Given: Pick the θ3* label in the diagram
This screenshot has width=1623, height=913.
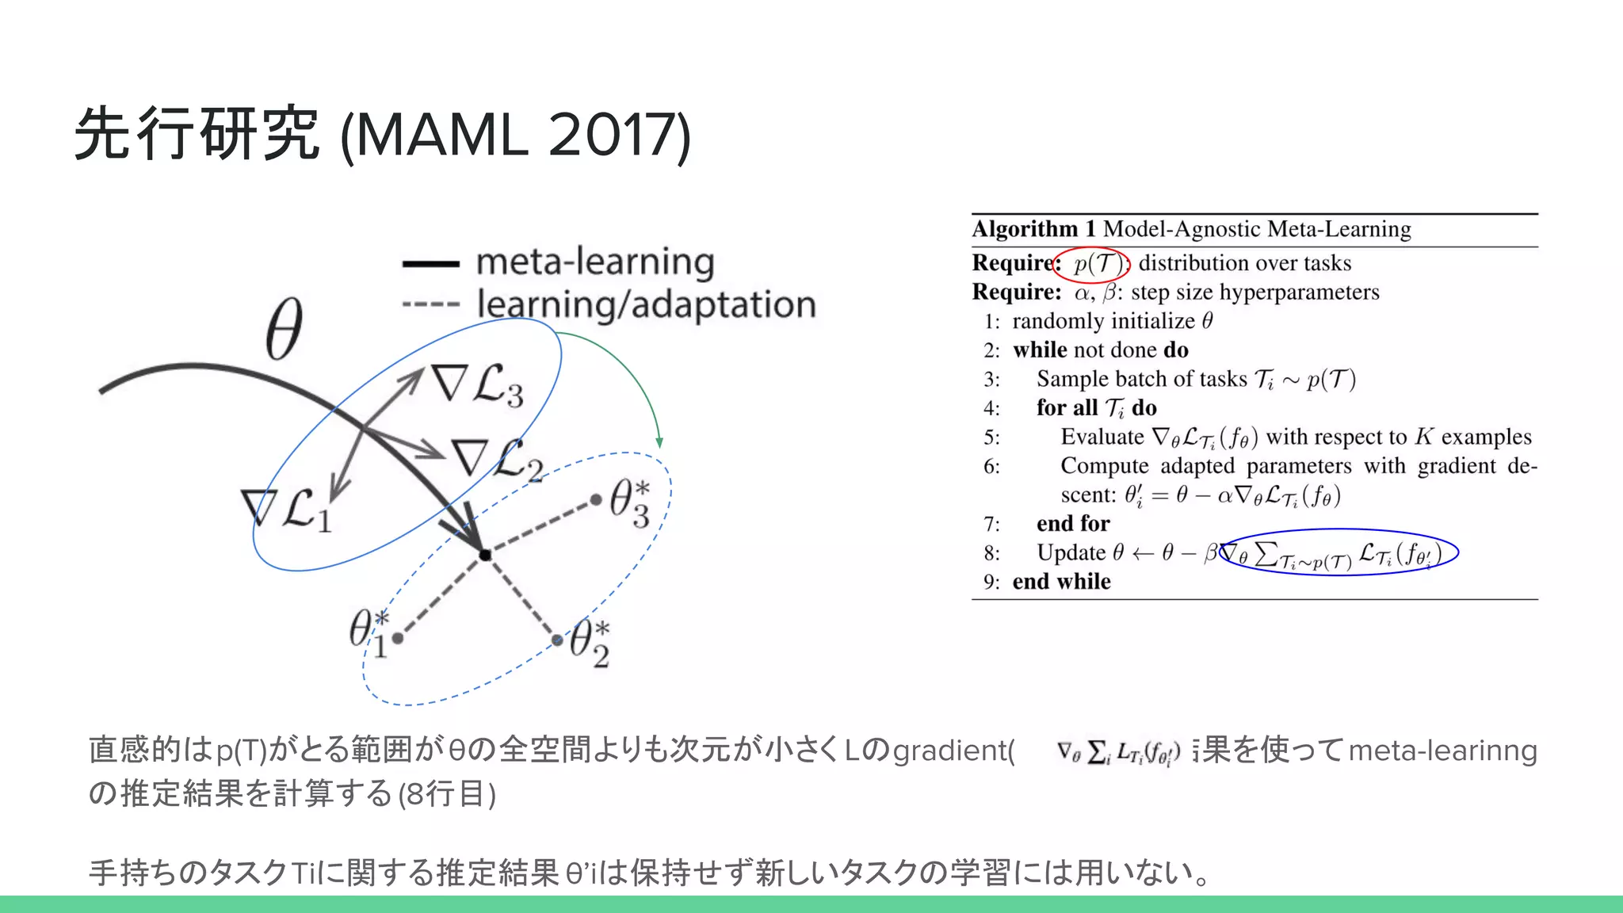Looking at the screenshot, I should [630, 502].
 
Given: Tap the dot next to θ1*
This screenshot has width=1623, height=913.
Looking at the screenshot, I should [398, 637].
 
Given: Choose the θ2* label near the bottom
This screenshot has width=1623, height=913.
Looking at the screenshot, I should [590, 643].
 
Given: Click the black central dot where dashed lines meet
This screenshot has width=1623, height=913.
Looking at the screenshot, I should [485, 555].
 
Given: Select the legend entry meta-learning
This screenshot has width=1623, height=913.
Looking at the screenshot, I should [594, 262].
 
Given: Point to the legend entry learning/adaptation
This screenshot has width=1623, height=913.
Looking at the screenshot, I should [646, 304].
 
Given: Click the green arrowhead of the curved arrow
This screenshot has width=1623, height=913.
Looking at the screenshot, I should [659, 442].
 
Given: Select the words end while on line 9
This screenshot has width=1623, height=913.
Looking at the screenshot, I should [1061, 582].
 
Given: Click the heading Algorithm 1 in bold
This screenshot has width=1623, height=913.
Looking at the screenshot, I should [1033, 229].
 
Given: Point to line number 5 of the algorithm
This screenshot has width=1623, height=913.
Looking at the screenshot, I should [991, 437].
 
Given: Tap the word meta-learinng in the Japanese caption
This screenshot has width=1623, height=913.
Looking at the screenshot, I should [1442, 750].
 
